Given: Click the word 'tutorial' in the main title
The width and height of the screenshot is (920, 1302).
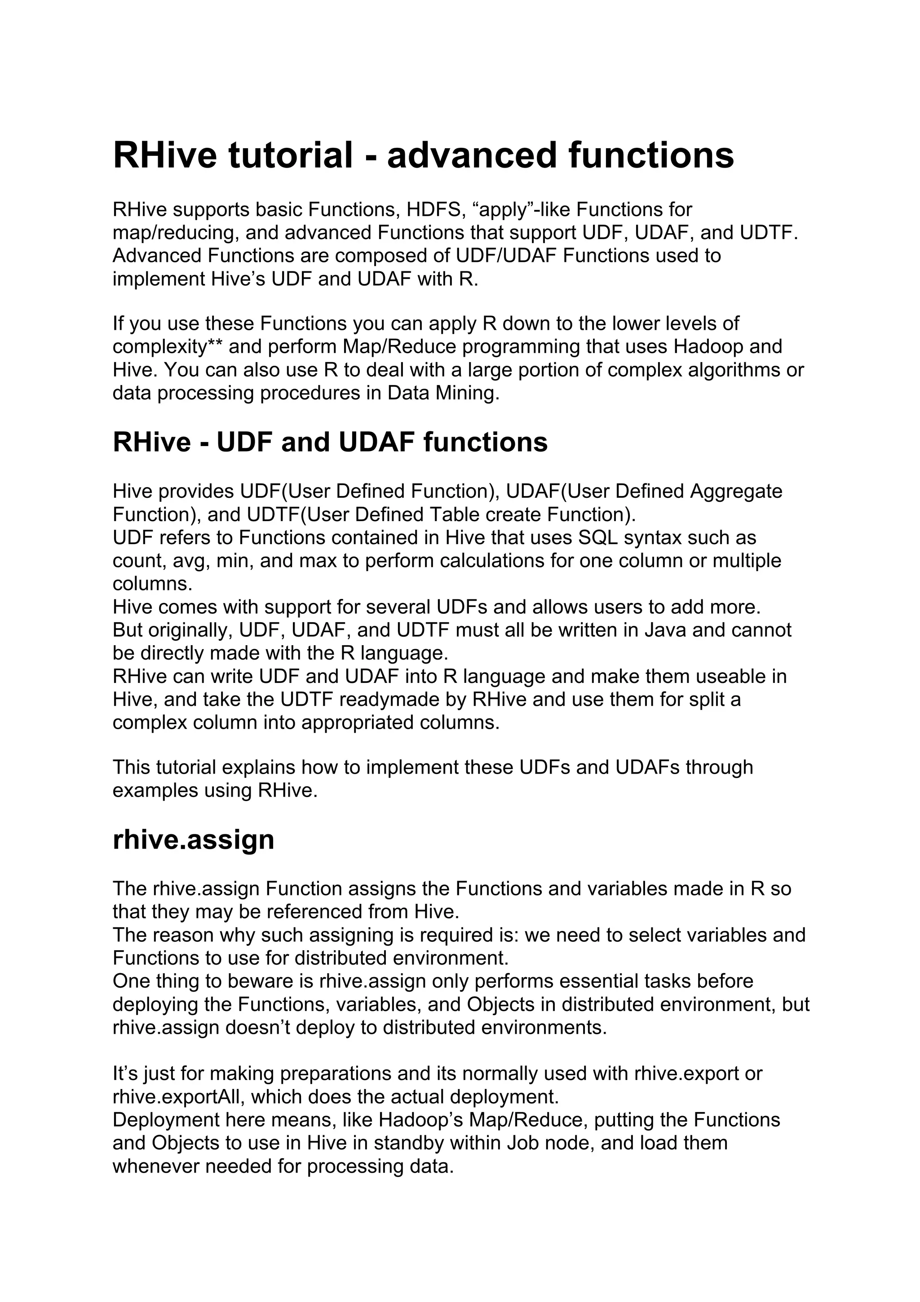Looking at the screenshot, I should coord(290,155).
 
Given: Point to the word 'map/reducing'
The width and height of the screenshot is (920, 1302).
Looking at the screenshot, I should coord(173,233).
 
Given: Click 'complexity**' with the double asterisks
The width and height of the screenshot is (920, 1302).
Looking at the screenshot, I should coord(167,346).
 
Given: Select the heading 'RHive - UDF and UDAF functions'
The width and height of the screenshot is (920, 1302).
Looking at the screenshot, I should coord(330,443).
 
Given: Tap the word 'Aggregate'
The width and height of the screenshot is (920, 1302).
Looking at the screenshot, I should coord(735,491).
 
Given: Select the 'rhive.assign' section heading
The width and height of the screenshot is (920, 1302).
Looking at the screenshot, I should coord(193,840).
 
